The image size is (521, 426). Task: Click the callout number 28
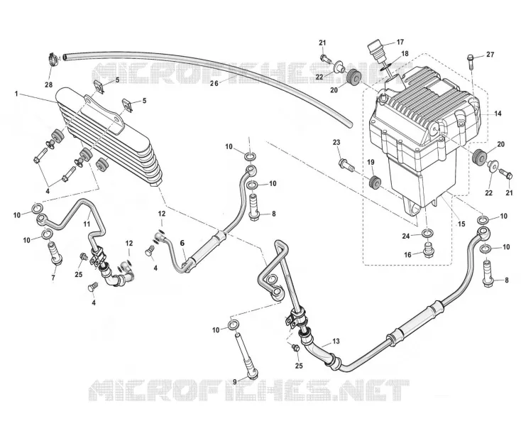[x=48, y=84]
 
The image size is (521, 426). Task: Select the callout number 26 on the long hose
[x=214, y=83]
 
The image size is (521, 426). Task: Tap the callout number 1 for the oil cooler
[x=16, y=94]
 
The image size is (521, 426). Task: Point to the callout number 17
[x=400, y=42]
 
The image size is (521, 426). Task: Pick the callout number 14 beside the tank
[x=498, y=114]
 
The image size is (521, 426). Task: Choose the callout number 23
[x=336, y=143]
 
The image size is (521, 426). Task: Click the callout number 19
[x=371, y=162]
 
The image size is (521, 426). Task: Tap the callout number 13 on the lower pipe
[x=336, y=342]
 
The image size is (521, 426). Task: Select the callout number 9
[x=234, y=382]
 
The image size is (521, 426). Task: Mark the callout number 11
[x=87, y=224]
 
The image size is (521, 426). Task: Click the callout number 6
[x=182, y=244]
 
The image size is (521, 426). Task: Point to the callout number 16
[x=407, y=255]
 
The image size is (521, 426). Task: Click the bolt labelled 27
[x=471, y=61]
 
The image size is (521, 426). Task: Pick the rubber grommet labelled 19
[x=375, y=183]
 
